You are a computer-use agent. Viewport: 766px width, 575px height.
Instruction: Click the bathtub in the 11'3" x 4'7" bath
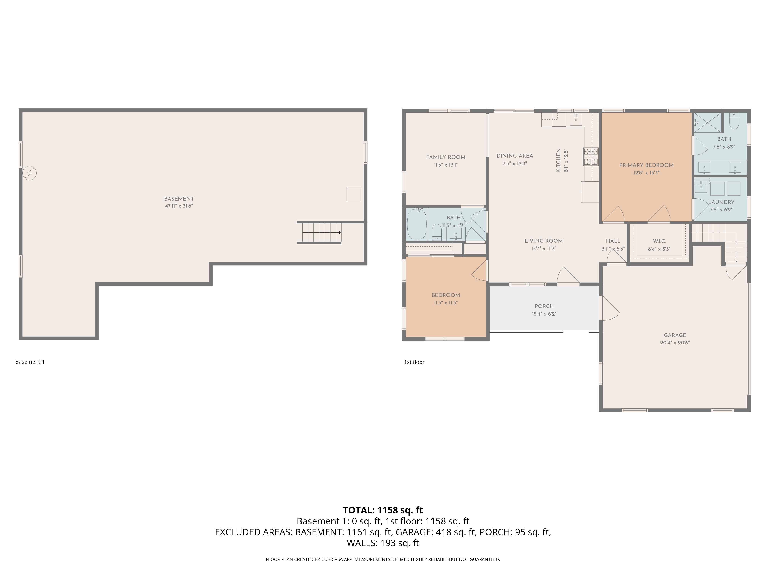pos(417,224)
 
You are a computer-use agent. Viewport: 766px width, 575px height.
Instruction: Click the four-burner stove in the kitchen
pos(591,156)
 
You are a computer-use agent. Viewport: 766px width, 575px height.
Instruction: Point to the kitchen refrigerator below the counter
pos(590,192)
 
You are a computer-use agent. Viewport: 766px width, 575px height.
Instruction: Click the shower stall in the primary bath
pos(708,122)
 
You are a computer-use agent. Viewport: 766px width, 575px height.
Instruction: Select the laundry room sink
pos(701,187)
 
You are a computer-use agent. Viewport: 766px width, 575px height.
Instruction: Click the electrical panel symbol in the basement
pos(29,173)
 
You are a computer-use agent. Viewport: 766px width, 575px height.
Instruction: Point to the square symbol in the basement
pos(354,194)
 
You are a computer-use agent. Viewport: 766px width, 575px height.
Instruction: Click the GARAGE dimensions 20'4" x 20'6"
pos(675,343)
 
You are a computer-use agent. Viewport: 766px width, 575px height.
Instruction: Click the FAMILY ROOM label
pos(446,157)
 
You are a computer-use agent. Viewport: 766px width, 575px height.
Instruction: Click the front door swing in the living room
pos(568,276)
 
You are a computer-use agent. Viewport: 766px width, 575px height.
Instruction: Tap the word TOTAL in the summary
pos(358,510)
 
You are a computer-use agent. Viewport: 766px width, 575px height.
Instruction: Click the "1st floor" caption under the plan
pos(414,362)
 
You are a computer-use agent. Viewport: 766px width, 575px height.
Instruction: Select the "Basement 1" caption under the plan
pos(30,362)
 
